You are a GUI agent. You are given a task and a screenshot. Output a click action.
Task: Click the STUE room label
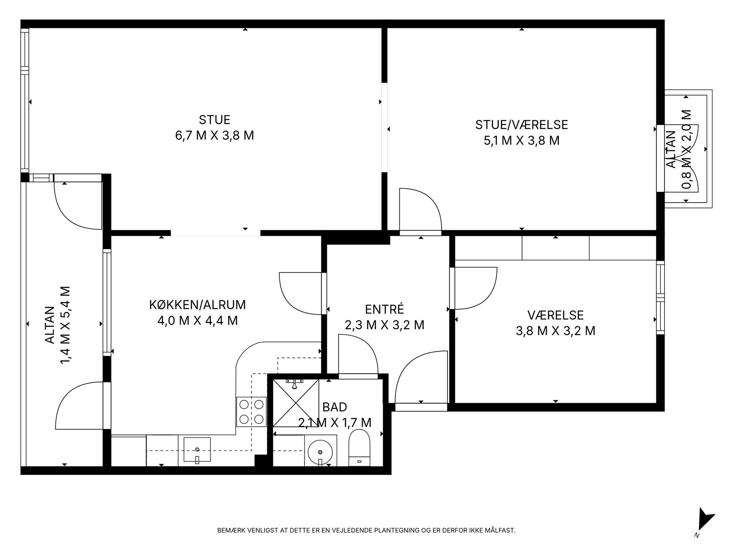pos(214,120)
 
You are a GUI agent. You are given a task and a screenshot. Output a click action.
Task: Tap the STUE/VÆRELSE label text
pos(521,125)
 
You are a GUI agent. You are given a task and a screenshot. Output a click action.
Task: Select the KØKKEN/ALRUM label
pos(197,305)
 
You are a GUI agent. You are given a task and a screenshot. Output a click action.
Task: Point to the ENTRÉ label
pos(384,309)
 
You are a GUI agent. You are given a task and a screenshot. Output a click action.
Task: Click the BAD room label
pos(335,407)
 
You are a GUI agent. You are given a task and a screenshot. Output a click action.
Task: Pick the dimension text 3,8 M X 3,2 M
pos(555,331)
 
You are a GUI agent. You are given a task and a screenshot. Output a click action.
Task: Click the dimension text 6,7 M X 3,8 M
pos(214,136)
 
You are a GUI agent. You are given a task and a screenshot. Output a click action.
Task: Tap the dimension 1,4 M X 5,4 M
pos(65,325)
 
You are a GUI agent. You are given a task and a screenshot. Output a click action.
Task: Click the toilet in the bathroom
pos(359,448)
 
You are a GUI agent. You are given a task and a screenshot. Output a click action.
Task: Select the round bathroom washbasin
pos(320,450)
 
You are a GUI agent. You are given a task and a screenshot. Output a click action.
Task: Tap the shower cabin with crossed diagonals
pos(296,403)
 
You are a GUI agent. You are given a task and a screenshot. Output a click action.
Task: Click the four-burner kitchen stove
pos(251,412)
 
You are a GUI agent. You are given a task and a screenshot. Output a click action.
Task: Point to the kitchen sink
pos(197,449)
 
